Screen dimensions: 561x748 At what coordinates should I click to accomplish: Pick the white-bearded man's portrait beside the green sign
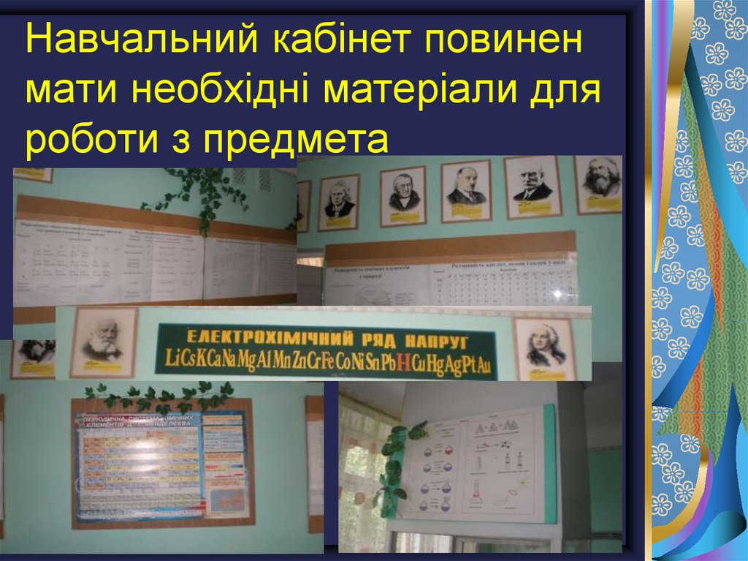(x=102, y=342)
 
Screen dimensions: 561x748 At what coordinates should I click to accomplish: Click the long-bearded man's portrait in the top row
(x=601, y=184)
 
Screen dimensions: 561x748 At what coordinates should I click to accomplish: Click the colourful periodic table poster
(x=161, y=467)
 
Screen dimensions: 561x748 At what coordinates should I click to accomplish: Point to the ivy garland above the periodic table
(x=161, y=396)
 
